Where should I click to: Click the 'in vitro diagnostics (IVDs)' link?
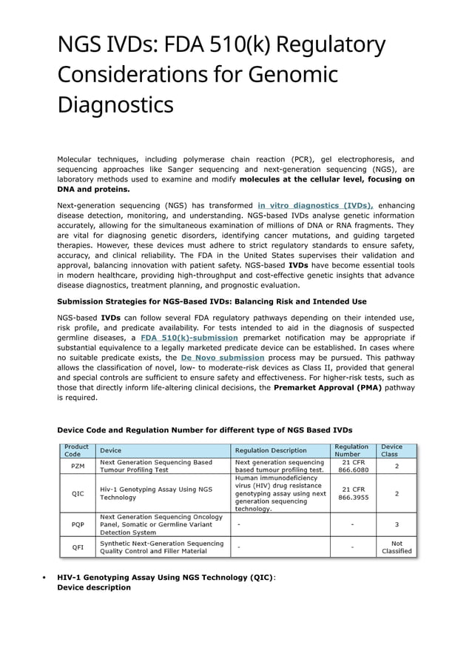[315, 205]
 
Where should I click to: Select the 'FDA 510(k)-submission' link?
[189, 338]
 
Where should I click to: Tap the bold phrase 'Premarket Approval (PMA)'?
[328, 387]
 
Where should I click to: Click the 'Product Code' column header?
[77, 450]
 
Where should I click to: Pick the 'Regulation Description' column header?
[270, 450]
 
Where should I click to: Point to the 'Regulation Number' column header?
[351, 450]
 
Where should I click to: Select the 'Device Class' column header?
[397, 450]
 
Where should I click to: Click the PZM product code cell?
[77, 466]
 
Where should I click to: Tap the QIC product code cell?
[77, 493]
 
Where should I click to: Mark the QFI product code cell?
[77, 547]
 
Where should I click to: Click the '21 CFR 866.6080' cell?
[351, 466]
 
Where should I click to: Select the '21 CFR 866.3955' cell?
[351, 493]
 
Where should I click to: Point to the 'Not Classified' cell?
[397, 547]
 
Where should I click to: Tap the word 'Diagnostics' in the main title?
[115, 104]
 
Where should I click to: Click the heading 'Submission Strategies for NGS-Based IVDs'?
[212, 301]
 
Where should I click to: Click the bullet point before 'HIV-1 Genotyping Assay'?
[45, 577]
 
